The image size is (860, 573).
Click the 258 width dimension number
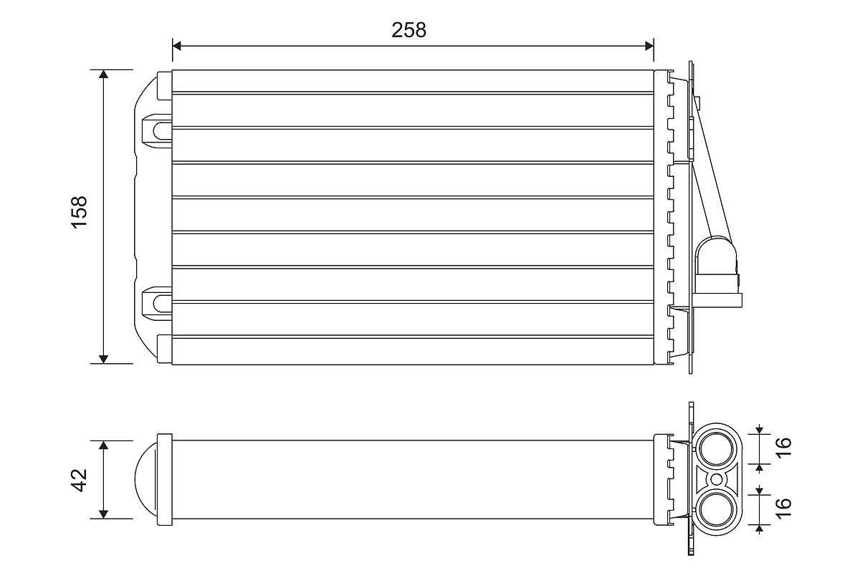(408, 30)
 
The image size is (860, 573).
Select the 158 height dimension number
(79, 212)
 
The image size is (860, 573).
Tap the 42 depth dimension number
(79, 479)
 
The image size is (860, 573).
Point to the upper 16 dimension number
(785, 443)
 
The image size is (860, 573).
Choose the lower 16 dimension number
(785, 504)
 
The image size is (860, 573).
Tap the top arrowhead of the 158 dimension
(104, 74)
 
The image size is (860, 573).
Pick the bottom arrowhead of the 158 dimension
(104, 358)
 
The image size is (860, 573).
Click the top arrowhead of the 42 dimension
(104, 446)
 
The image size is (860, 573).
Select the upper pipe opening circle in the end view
(716, 448)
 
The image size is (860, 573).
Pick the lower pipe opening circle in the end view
(716, 509)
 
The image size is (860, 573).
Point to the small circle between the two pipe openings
(716, 478)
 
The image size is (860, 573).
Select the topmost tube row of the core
(413, 81)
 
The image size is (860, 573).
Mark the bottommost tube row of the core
(413, 350)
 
